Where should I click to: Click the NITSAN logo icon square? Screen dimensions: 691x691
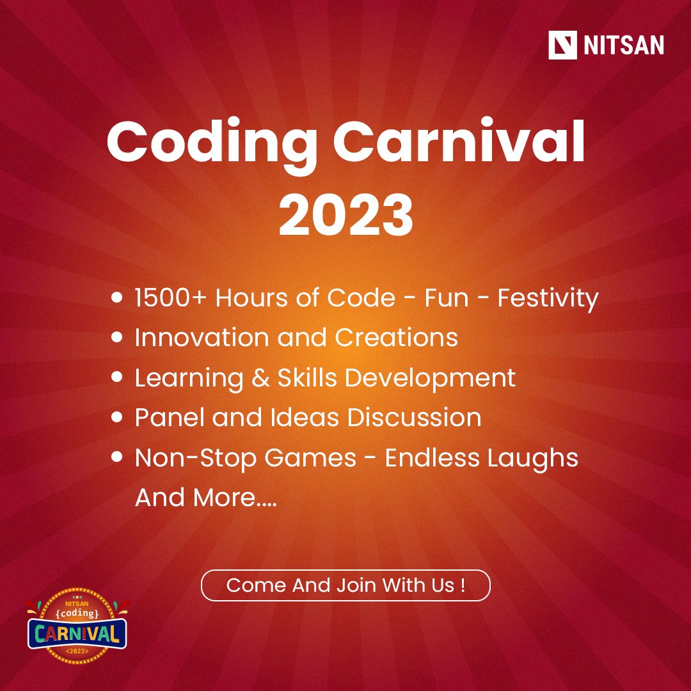point(562,45)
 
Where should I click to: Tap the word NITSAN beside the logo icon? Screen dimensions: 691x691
point(623,46)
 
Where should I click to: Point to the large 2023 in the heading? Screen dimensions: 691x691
point(345,216)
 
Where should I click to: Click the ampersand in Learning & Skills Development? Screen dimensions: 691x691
point(260,377)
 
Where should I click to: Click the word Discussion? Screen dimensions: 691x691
point(414,418)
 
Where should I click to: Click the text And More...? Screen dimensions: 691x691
point(205,498)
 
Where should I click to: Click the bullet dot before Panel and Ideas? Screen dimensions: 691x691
point(117,418)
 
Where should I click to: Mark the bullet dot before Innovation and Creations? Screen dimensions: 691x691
point(117,338)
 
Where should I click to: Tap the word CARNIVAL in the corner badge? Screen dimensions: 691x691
point(77,633)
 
